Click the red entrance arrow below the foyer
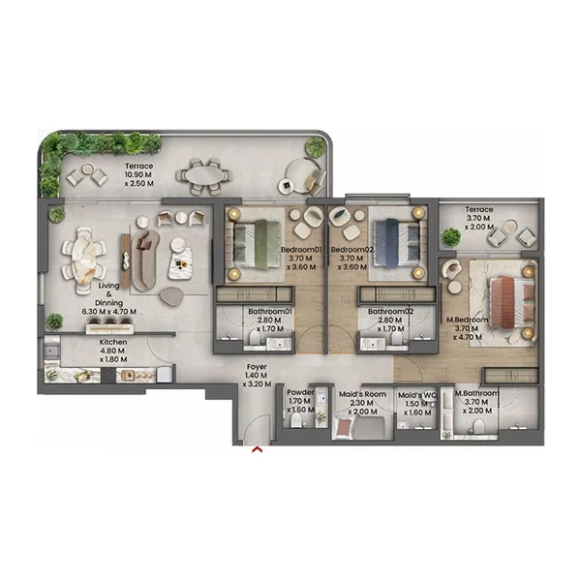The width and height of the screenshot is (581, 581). tap(257, 449)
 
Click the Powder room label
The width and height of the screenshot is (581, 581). tap(300, 400)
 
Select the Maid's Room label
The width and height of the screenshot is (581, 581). tap(363, 400)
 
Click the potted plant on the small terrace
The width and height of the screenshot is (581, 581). tap(451, 237)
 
